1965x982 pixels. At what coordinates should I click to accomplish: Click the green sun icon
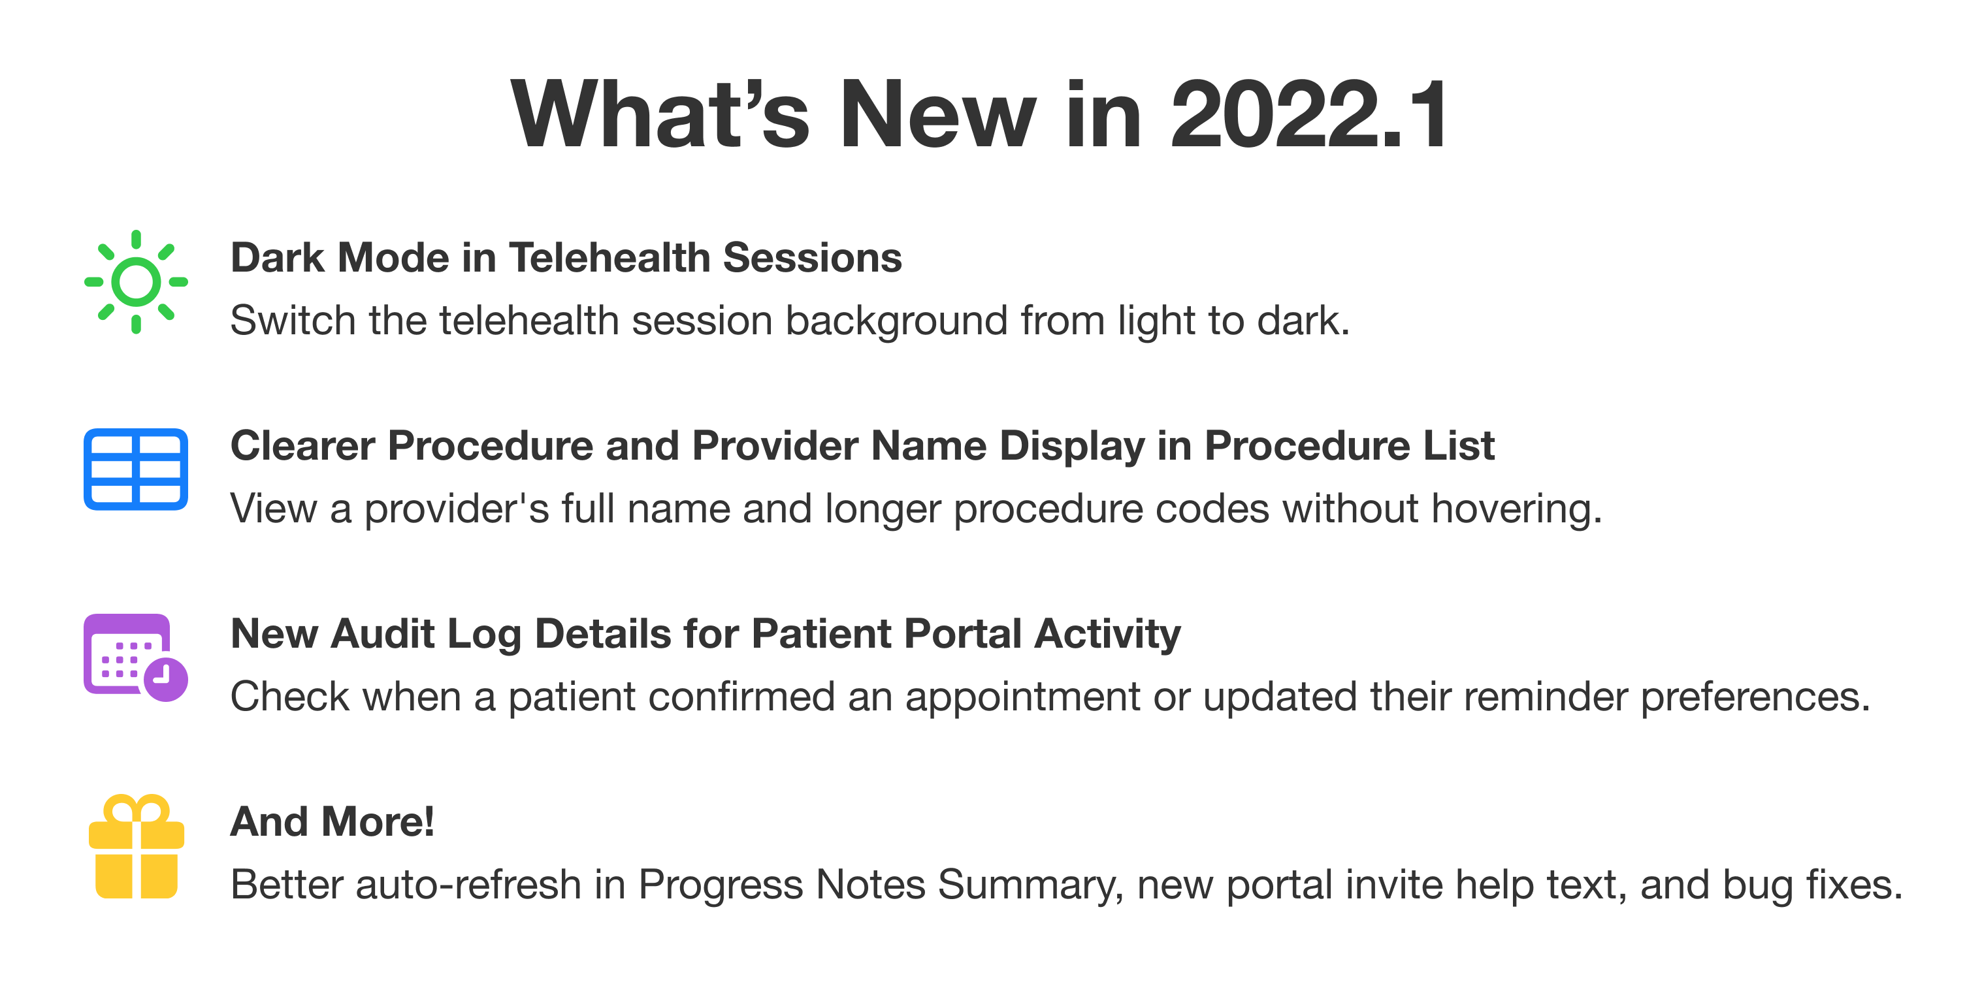(x=136, y=281)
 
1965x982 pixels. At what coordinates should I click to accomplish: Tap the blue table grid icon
(x=136, y=469)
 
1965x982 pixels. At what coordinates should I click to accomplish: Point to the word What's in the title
(x=660, y=116)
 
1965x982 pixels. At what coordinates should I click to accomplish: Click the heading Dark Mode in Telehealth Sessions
(x=566, y=258)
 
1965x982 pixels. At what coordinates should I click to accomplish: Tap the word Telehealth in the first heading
(x=609, y=258)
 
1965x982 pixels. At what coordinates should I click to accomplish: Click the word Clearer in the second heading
(x=302, y=445)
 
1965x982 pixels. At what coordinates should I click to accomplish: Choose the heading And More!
(x=333, y=822)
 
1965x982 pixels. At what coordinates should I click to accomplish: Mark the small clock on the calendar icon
(x=165, y=678)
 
